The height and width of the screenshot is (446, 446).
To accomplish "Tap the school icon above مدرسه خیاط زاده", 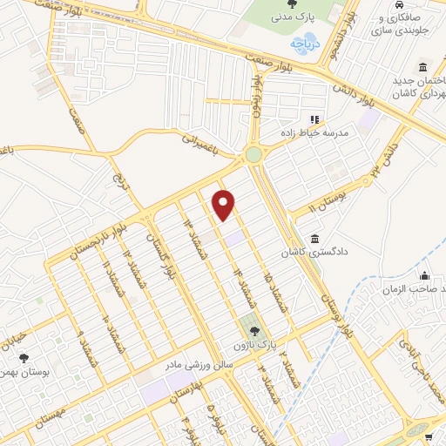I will (315, 118).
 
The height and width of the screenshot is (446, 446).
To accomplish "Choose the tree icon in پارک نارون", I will (253, 330).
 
